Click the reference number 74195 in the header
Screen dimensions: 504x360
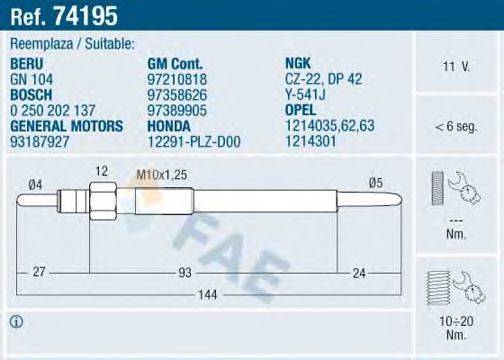86,16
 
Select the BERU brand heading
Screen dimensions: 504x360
27,64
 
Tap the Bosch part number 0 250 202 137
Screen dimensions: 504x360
53,111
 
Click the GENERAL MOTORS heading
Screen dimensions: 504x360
67,126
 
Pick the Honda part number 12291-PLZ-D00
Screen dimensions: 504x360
194,142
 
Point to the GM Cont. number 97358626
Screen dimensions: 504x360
177,95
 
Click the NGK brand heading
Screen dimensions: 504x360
298,63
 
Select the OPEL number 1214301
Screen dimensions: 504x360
311,141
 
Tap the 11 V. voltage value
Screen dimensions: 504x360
456,67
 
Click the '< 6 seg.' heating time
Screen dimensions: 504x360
456,127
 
